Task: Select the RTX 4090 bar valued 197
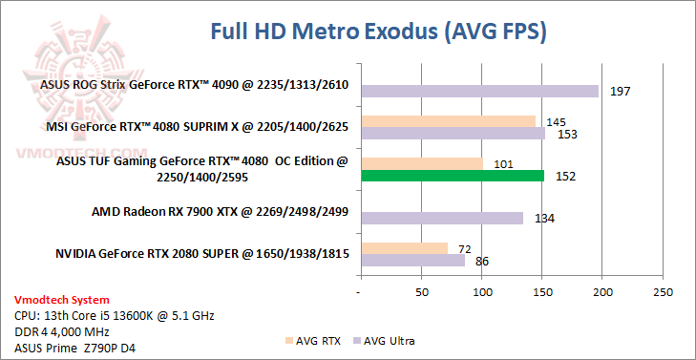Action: click(479, 91)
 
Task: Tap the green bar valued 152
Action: click(452, 176)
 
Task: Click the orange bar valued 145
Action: click(448, 121)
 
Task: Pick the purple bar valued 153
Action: click(453, 134)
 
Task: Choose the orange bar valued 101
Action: click(421, 163)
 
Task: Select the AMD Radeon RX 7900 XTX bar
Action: click(441, 218)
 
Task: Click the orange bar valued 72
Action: click(403, 248)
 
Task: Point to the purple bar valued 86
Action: click(411, 260)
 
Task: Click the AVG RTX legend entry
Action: click(314, 340)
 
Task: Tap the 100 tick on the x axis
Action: click(482, 291)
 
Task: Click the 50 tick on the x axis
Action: click(421, 291)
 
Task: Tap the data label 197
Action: click(621, 92)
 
